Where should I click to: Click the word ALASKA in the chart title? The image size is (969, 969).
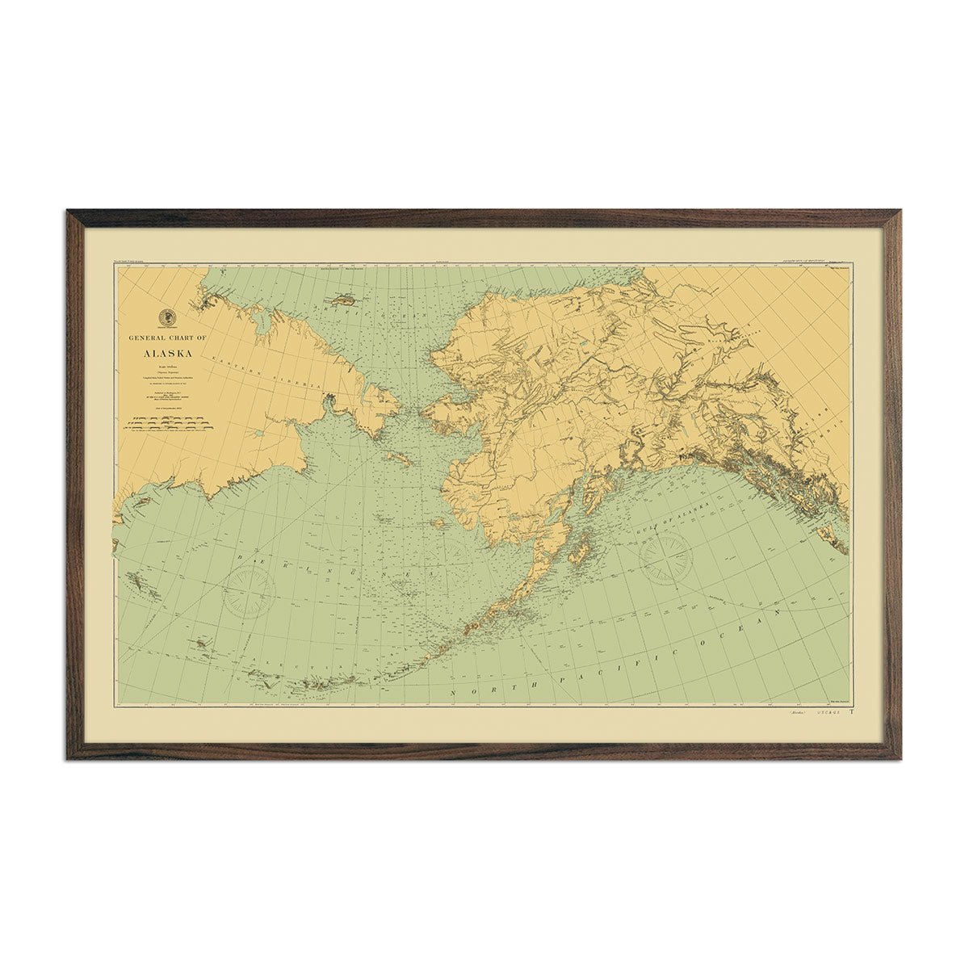167,353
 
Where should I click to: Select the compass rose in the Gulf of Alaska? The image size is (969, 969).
665,556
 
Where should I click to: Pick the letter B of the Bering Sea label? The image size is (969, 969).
241,558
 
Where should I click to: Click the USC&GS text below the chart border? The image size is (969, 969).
828,713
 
